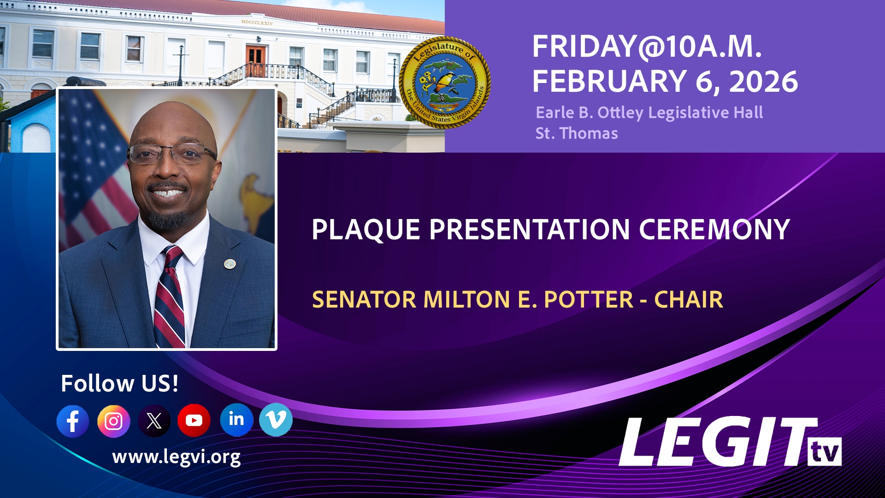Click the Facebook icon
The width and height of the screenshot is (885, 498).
pyautogui.click(x=73, y=421)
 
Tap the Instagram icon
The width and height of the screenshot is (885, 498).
pyautogui.click(x=113, y=421)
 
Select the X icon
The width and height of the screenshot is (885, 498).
pyautogui.click(x=154, y=421)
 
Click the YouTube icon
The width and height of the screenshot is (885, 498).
pyautogui.click(x=194, y=420)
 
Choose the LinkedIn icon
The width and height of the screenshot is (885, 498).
pyautogui.click(x=236, y=420)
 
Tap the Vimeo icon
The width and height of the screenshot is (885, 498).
pyautogui.click(x=276, y=420)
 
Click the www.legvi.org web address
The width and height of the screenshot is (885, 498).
pyautogui.click(x=176, y=457)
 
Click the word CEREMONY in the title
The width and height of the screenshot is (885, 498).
pyautogui.click(x=714, y=230)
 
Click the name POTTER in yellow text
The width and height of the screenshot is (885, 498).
pyautogui.click(x=589, y=300)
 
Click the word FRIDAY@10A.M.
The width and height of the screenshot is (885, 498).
pyautogui.click(x=646, y=47)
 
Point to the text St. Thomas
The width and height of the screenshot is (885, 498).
pyautogui.click(x=576, y=133)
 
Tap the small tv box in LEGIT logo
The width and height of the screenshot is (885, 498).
pyautogui.click(x=825, y=452)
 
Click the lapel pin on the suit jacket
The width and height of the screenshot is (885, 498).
pyautogui.click(x=230, y=263)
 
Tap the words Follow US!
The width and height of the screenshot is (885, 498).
pyautogui.click(x=119, y=383)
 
